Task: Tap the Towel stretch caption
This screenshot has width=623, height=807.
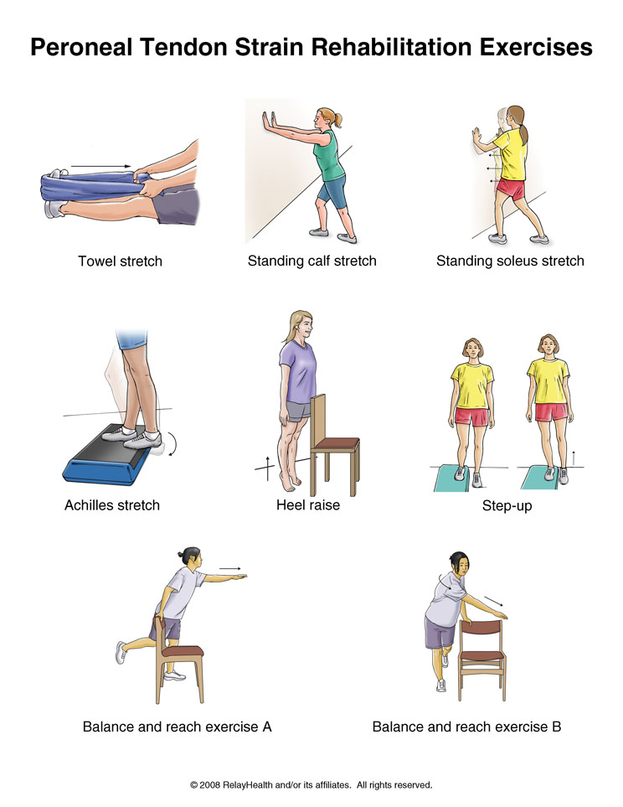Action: click(120, 261)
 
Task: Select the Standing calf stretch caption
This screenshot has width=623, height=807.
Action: click(311, 261)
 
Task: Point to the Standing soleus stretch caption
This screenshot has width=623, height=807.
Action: click(510, 261)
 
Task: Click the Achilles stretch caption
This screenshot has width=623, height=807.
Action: click(112, 505)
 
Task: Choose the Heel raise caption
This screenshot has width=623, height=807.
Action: click(308, 504)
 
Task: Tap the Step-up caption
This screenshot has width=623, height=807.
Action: click(507, 506)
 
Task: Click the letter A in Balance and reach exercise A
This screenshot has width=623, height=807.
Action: click(266, 727)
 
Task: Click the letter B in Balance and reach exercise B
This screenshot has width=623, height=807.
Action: click(556, 727)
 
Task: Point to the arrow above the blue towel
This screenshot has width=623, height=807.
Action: click(101, 166)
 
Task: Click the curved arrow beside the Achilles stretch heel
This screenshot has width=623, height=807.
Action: click(174, 444)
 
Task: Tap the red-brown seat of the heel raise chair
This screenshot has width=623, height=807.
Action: click(337, 443)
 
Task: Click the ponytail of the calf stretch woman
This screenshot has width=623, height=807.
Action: click(337, 120)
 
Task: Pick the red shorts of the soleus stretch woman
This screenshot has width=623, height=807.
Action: click(511, 189)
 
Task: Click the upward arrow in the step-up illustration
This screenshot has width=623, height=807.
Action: click(574, 458)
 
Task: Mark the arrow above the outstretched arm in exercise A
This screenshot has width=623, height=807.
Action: click(230, 568)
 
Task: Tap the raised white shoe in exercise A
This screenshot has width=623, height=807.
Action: click(121, 652)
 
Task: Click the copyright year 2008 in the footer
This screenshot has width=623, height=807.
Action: click(209, 785)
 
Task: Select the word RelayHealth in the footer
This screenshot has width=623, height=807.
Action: click(248, 785)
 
